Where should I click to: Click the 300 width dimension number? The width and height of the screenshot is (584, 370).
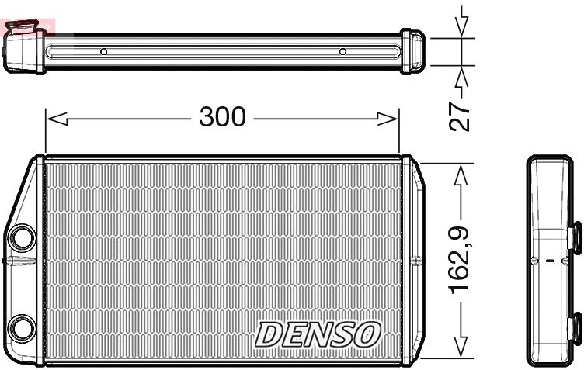pyautogui.click(x=222, y=117)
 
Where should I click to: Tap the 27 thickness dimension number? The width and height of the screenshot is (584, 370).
pyautogui.click(x=462, y=114)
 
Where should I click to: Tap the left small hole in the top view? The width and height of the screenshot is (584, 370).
pyautogui.click(x=103, y=52)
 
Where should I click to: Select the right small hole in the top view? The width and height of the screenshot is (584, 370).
pyautogui.click(x=342, y=52)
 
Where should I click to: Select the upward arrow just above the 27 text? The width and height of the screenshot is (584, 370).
pyautogui.click(x=462, y=78)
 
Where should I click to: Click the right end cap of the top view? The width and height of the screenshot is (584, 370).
pyautogui.click(x=412, y=52)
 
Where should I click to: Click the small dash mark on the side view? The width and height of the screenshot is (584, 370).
pyautogui.click(x=551, y=262)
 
